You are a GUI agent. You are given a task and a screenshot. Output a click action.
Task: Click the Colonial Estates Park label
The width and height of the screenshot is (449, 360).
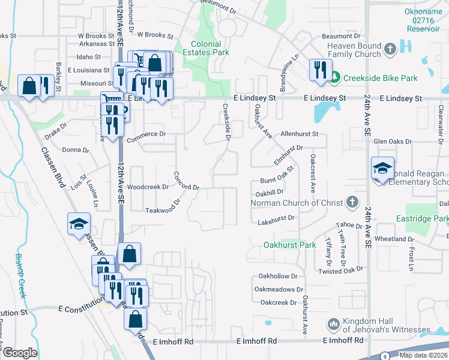click(210, 48)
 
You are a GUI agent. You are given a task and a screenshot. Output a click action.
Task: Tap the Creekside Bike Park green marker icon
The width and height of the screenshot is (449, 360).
click(334, 78)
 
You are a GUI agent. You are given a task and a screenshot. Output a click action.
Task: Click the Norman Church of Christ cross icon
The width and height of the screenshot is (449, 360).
click(352, 203)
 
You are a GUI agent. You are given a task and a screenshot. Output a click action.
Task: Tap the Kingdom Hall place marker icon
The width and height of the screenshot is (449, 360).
click(334, 325)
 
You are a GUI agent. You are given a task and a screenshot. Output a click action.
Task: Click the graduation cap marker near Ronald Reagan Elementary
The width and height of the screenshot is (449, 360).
click(382, 169)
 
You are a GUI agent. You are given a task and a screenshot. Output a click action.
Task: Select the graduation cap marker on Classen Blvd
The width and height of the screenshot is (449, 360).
click(79, 224)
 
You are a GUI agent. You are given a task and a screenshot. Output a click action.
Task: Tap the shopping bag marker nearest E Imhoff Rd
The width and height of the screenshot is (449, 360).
click(135, 319)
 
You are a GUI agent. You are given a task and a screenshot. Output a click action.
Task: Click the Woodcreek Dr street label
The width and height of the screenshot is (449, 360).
click(148, 187)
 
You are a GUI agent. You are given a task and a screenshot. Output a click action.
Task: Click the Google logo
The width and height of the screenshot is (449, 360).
click(20, 353)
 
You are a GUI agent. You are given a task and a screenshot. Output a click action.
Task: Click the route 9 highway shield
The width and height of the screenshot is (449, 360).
click(384, 356)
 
